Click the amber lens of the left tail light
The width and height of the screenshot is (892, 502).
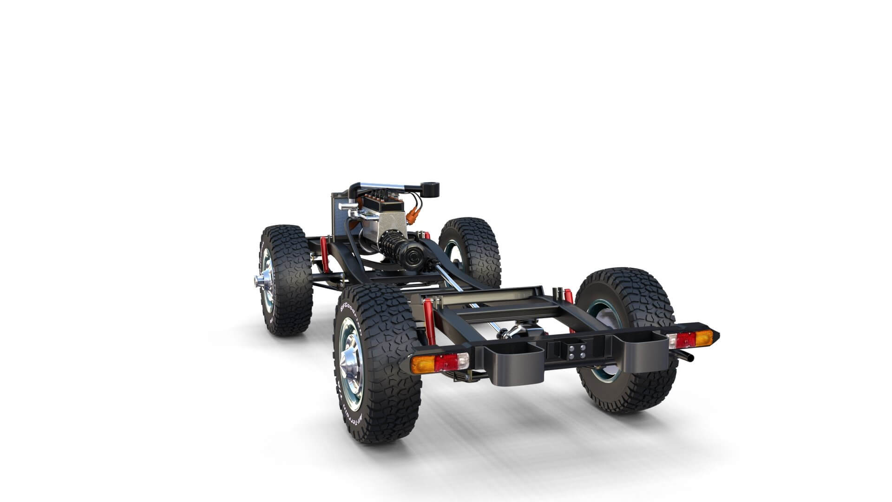pyautogui.click(x=423, y=363)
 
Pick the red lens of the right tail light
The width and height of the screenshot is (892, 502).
pyautogui.click(x=680, y=340)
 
